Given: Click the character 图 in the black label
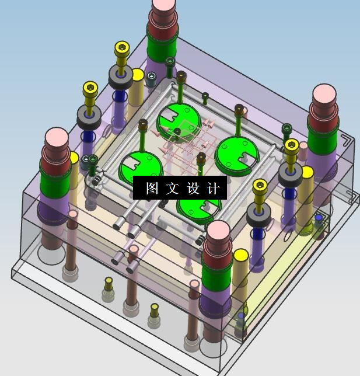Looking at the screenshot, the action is (x=152, y=188).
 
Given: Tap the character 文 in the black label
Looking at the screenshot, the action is (x=172, y=188).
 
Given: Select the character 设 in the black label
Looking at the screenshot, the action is (x=193, y=188).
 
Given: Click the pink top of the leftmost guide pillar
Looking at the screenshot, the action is (x=57, y=136).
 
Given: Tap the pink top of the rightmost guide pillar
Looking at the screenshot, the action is (x=324, y=93).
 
